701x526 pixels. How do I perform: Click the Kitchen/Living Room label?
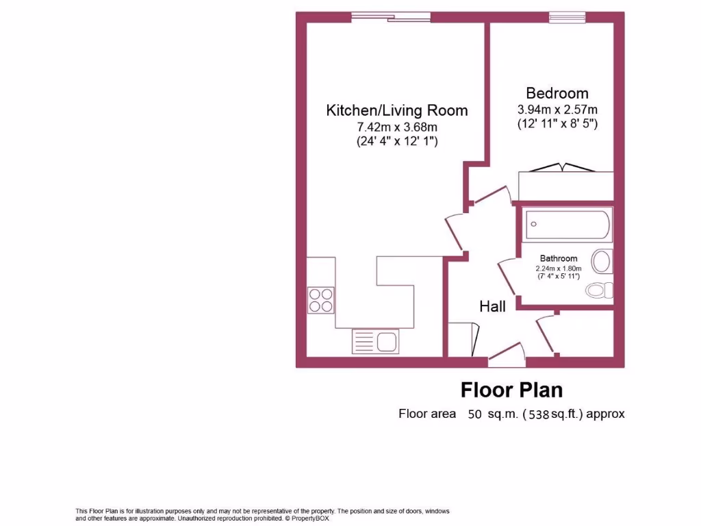click(396, 110)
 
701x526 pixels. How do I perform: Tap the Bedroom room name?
click(557, 93)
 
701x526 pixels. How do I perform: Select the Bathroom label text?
click(558, 258)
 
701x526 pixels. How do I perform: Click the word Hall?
click(492, 306)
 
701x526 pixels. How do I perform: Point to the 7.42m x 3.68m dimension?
click(396, 127)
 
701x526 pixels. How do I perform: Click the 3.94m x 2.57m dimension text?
click(557, 110)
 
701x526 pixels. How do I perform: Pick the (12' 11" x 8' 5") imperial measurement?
click(557, 125)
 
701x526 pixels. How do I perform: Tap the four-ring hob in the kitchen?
click(320, 299)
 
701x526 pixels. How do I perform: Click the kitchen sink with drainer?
click(375, 340)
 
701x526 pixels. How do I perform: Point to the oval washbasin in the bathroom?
click(602, 262)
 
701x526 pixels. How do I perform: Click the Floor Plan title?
click(511, 390)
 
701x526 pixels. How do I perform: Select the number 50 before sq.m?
click(474, 414)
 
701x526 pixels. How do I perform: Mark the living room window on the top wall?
click(391, 16)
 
